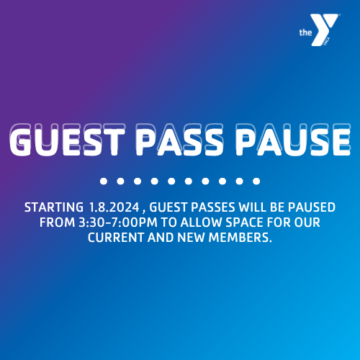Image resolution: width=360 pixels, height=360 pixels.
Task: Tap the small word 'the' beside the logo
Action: (x=305, y=32)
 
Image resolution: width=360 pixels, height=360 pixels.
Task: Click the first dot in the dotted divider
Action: (x=104, y=181)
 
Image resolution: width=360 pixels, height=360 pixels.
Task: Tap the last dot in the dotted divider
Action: (x=256, y=181)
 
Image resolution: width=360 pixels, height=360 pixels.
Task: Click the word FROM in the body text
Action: (x=56, y=222)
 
